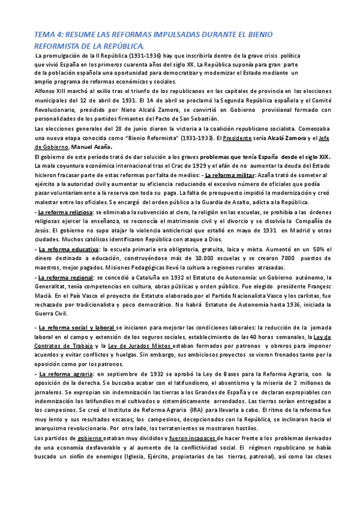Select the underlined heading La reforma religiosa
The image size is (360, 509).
tap(65, 212)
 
